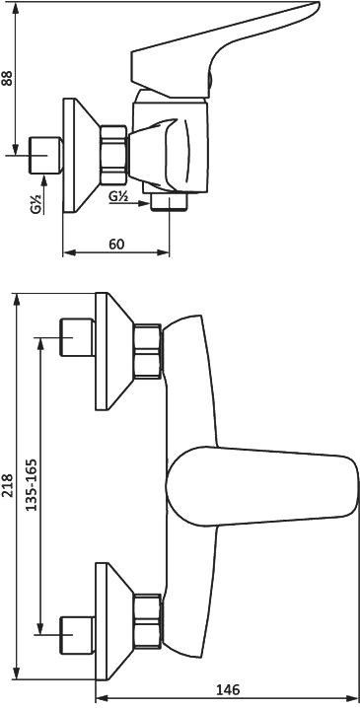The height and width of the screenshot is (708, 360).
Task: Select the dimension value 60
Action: pos(116,244)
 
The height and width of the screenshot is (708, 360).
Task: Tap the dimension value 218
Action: pos(7,485)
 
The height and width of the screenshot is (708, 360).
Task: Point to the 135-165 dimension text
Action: pos(31,485)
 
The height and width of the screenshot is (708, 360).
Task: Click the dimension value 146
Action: pos(228,689)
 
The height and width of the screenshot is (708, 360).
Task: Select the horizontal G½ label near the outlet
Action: pos(119,196)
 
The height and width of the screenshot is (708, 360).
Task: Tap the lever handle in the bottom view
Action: pos(262,486)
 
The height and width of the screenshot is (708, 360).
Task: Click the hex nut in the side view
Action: pos(113,155)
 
